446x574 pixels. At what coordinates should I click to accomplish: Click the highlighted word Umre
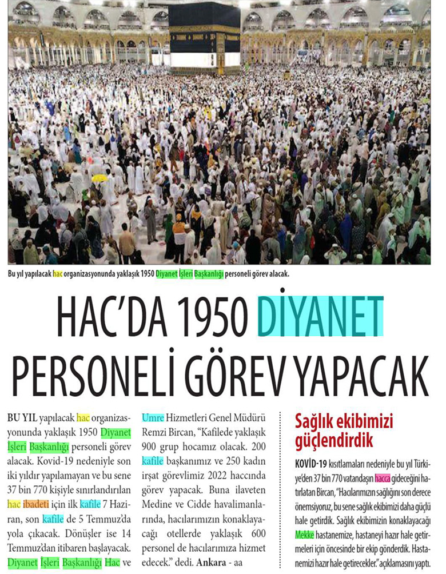point(153,417)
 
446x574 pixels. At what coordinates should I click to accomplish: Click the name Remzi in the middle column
point(157,432)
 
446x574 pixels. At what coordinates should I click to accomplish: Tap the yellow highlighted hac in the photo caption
point(58,273)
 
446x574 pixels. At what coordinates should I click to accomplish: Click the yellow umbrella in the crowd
point(99,178)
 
